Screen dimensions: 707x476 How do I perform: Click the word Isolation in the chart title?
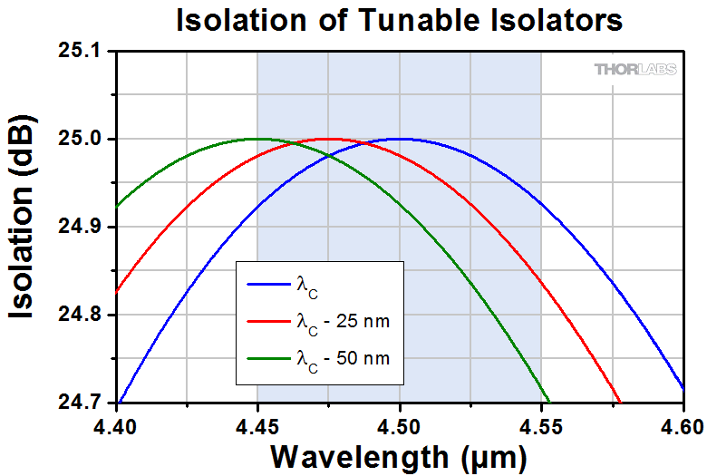[x=241, y=20]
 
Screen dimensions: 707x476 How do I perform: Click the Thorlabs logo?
[x=635, y=69]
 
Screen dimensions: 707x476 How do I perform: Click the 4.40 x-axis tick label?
[x=115, y=427]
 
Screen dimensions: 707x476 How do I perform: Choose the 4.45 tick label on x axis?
[x=257, y=427]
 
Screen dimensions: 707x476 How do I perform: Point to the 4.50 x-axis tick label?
[x=399, y=427]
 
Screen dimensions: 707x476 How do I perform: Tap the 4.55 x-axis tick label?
[x=540, y=427]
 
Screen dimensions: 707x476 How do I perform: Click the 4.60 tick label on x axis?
[x=683, y=427]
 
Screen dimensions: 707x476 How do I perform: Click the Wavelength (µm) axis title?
[x=399, y=458]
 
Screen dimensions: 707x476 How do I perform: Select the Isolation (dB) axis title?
[x=22, y=217]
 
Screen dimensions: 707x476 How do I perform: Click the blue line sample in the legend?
[x=268, y=285]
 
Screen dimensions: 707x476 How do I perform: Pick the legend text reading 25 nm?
[x=363, y=321]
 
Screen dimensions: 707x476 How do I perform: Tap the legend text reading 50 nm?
[x=363, y=358]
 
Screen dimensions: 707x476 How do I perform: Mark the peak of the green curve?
[x=258, y=139]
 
